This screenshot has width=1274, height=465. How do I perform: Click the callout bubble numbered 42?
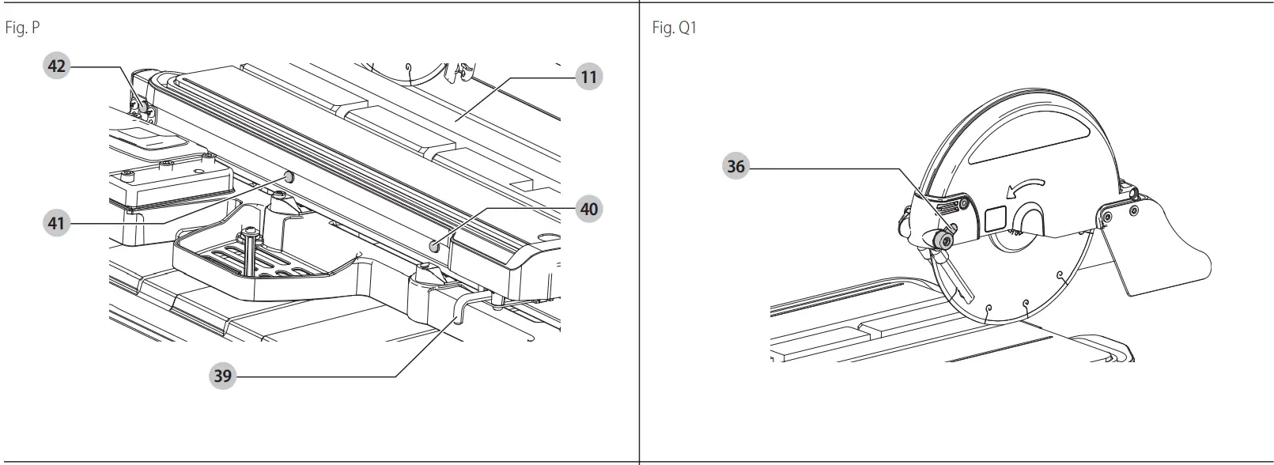56,66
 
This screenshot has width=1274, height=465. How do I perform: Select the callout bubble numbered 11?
588,77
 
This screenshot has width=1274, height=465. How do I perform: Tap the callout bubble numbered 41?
56,224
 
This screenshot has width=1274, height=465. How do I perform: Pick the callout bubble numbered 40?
588,210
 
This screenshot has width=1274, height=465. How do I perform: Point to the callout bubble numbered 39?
223,376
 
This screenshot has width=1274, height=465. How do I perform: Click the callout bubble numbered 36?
735,167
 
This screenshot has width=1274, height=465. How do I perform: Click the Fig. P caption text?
22,28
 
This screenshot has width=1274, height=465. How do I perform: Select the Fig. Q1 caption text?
674,28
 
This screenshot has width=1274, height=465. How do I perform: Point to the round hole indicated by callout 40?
433,247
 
